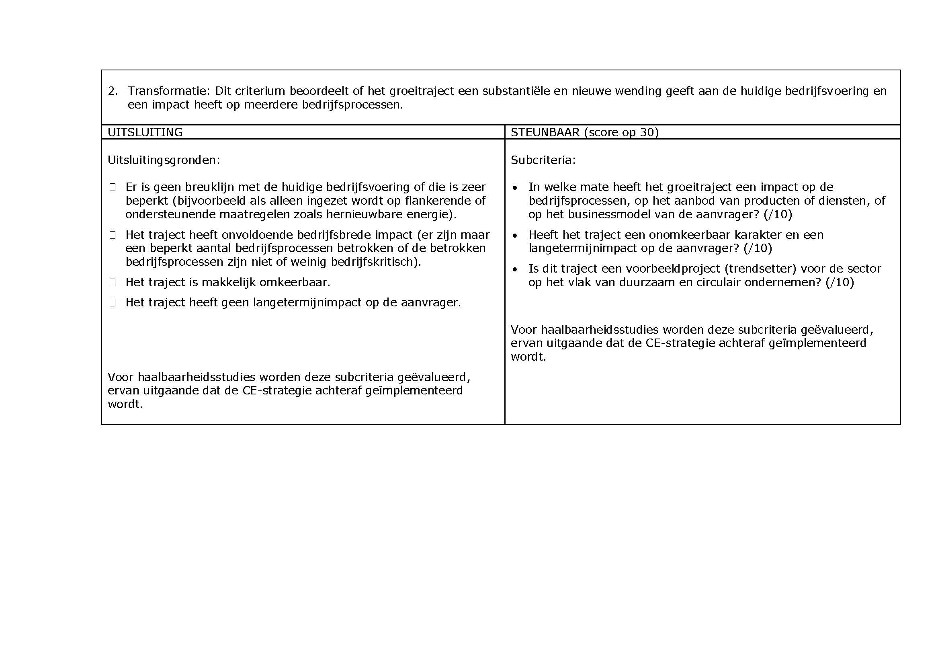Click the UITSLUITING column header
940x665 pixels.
[145, 132]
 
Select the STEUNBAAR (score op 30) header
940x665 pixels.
[585, 132]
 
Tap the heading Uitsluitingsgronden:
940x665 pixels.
[164, 160]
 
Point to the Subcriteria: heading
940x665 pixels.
[543, 160]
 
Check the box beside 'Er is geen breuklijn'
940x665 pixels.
[113, 187]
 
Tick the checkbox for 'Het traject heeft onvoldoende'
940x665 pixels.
[113, 235]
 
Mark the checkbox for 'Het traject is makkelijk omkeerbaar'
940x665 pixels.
[113, 283]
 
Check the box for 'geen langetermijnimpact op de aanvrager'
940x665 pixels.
[113, 303]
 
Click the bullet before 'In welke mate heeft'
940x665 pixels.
[515, 188]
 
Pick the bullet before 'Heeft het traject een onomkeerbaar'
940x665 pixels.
[515, 236]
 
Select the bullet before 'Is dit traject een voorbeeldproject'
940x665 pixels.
[515, 269]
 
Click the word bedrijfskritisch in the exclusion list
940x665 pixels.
[372, 262]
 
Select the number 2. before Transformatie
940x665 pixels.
[113, 91]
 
